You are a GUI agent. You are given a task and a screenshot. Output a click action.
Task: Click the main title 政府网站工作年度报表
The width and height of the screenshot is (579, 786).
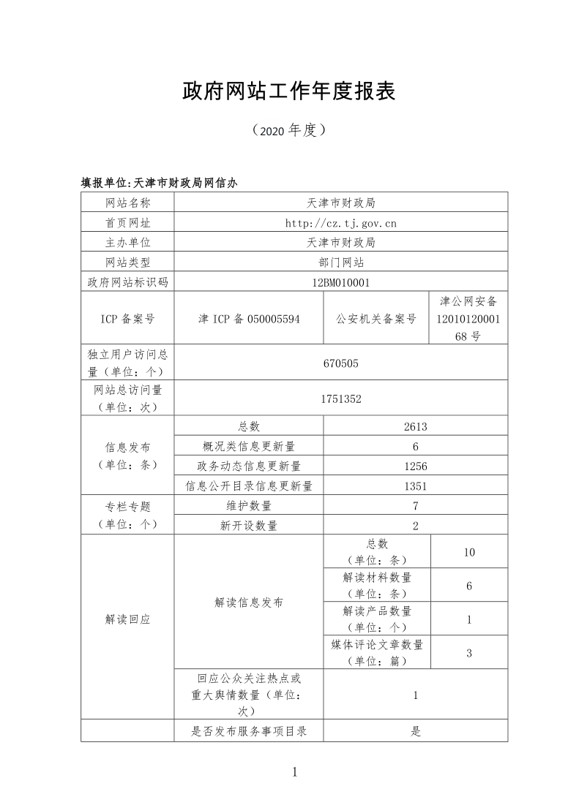(289, 91)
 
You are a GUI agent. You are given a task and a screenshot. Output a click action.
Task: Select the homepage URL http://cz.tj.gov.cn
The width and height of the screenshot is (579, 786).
(340, 222)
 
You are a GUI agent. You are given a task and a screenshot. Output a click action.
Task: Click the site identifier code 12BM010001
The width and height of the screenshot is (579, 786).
(340, 281)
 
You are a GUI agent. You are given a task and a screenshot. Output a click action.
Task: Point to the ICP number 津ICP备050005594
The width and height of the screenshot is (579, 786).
(249, 319)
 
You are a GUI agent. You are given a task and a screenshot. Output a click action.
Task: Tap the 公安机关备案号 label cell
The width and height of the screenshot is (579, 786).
(376, 319)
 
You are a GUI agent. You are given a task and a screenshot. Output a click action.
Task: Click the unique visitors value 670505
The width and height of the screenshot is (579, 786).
(340, 363)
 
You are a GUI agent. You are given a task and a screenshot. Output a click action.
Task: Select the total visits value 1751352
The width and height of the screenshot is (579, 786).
(340, 398)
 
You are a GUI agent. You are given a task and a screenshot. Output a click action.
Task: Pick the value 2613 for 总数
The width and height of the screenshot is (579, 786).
(415, 426)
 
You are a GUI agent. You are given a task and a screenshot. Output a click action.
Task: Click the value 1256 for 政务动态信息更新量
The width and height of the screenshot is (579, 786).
(415, 466)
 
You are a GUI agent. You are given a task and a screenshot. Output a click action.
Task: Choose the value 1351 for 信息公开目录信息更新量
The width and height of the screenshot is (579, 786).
(415, 485)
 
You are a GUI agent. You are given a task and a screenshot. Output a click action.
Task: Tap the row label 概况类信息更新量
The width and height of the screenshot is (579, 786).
(249, 446)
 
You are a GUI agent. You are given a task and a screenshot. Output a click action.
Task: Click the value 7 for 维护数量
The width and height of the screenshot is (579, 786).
(415, 505)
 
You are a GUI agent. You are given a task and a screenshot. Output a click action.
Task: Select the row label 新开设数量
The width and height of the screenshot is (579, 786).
(249, 525)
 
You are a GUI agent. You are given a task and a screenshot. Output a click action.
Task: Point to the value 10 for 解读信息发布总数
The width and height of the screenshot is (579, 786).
(469, 552)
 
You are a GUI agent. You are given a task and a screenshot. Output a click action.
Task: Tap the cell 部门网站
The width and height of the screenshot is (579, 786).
(340, 262)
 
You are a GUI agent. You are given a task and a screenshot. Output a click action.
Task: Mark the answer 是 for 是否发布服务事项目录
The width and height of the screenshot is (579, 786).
(415, 731)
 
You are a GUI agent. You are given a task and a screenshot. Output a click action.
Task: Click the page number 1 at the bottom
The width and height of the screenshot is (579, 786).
(294, 771)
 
